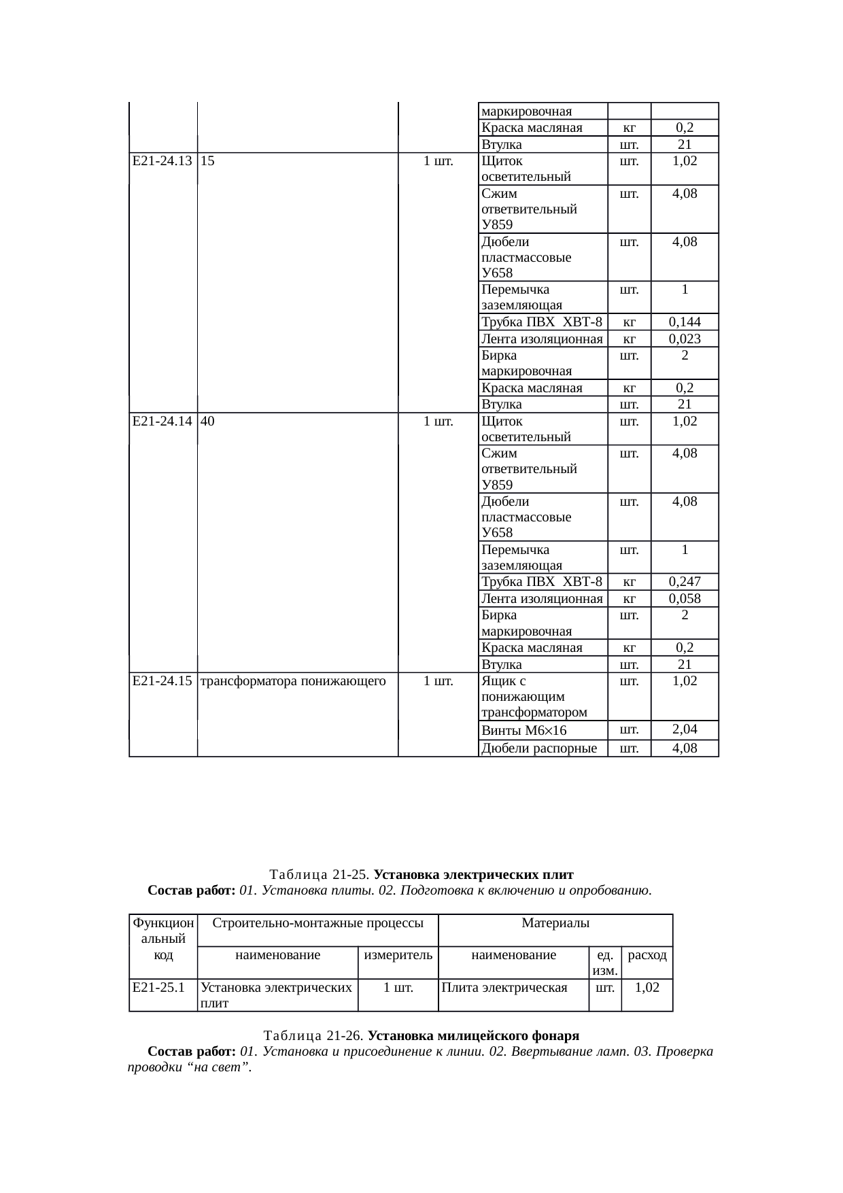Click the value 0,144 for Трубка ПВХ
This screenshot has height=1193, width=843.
coord(685,322)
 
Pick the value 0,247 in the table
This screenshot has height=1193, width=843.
coord(685,582)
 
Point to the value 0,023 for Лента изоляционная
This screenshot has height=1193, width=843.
coord(685,339)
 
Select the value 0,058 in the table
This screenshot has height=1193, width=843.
coord(685,599)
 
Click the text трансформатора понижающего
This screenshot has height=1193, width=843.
coord(294,680)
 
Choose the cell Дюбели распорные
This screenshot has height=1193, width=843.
coord(538,748)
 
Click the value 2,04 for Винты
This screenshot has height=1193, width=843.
coord(685,729)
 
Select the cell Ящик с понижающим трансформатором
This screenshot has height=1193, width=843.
coord(534,697)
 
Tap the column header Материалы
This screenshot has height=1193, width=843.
coord(555,922)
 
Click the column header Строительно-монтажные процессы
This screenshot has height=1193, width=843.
coord(318,922)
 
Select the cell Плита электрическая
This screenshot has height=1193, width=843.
coord(504,988)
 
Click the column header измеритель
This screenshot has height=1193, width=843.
coord(398,955)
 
